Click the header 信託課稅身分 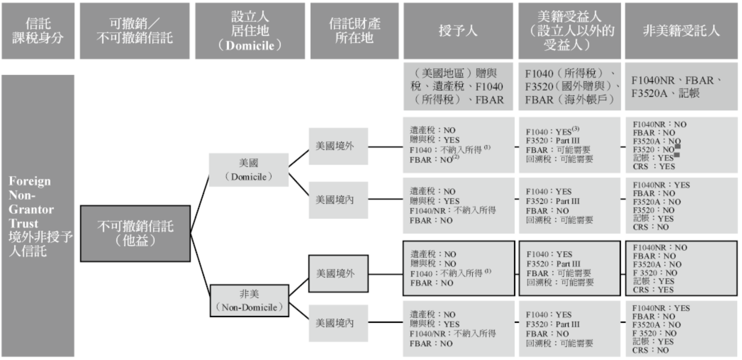pyautogui.click(x=38, y=31)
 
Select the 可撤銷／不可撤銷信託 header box pyautogui.click(x=135, y=31)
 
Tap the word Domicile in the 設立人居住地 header pyautogui.click(x=250, y=46)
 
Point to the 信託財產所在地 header pyautogui.click(x=354, y=31)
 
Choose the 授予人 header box pyautogui.click(x=457, y=31)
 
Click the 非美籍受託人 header pyautogui.click(x=681, y=31)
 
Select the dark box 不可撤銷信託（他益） pyautogui.click(x=135, y=233)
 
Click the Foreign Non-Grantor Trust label pyautogui.click(x=38, y=215)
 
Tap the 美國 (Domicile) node pyautogui.click(x=249, y=170)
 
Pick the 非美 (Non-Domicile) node pyautogui.click(x=249, y=300)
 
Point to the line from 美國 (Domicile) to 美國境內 pyautogui.click(x=299, y=185)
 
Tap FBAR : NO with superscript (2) pyautogui.click(x=434, y=160)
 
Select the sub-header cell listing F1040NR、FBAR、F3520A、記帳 pyautogui.click(x=681, y=86)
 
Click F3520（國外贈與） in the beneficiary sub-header pyautogui.click(x=569, y=86)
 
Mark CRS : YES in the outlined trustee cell pyautogui.click(x=653, y=290)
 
